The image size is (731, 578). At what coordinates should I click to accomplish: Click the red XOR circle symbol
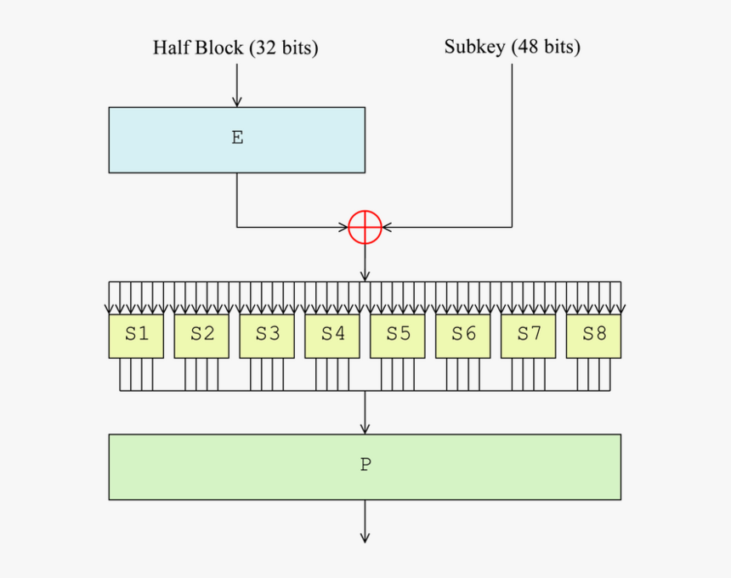tap(365, 227)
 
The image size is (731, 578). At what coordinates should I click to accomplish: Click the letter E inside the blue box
tap(237, 138)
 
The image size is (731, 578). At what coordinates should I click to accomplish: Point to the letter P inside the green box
tap(365, 465)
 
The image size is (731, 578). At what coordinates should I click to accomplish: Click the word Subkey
tap(475, 47)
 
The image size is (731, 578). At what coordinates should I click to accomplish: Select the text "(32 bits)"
tap(284, 48)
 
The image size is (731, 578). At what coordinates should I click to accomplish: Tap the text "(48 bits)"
tap(546, 47)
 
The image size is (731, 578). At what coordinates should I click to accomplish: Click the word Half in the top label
tap(172, 48)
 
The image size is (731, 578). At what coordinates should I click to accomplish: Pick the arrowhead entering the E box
tap(236, 101)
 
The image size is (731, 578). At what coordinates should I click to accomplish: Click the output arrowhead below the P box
tap(365, 536)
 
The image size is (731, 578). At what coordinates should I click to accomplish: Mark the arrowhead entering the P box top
tap(365, 428)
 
